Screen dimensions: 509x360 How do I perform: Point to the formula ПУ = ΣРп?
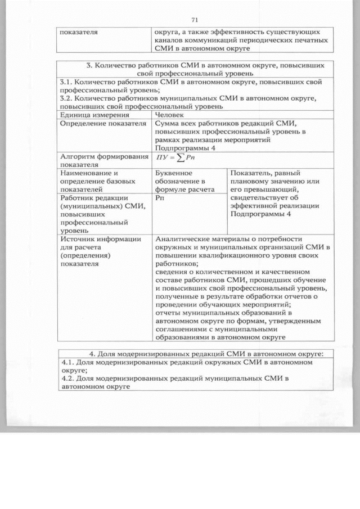pyautogui.click(x=175, y=157)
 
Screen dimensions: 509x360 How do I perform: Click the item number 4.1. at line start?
pyautogui.click(x=69, y=363)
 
